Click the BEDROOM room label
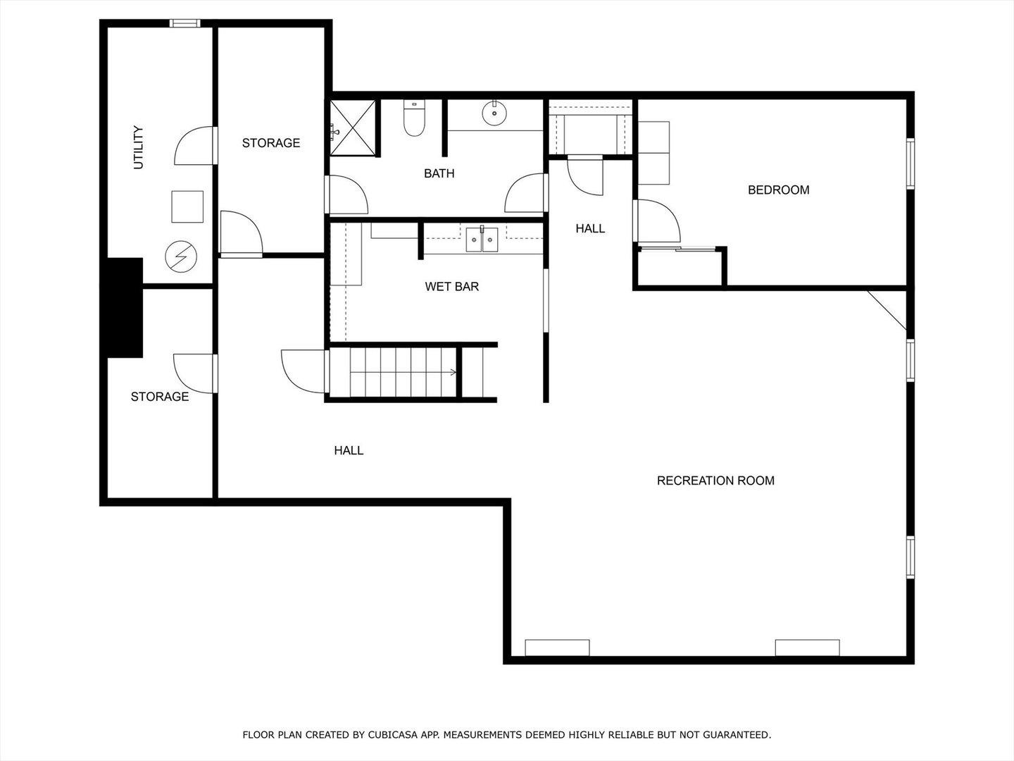tap(778, 190)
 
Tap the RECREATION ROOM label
tap(715, 481)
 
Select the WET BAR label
tap(451, 286)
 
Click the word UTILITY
tap(138, 148)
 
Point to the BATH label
tap(439, 173)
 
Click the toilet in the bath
tap(415, 119)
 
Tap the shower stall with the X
tap(354, 127)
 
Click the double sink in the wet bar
tap(482, 240)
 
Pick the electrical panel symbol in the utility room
tap(181, 256)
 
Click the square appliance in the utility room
tap(187, 206)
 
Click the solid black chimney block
tap(123, 307)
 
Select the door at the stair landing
tap(304, 371)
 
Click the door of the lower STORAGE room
tap(194, 373)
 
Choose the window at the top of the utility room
tap(185, 23)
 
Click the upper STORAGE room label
tap(271, 143)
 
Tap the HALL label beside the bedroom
tap(590, 228)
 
